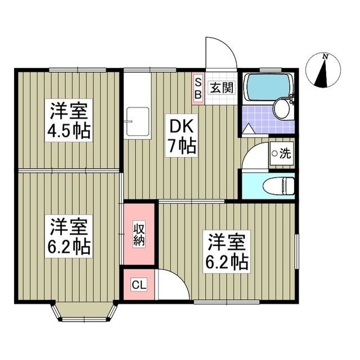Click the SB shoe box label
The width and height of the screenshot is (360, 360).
coord(198,88)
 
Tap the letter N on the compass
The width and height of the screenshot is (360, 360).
coord(325,56)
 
